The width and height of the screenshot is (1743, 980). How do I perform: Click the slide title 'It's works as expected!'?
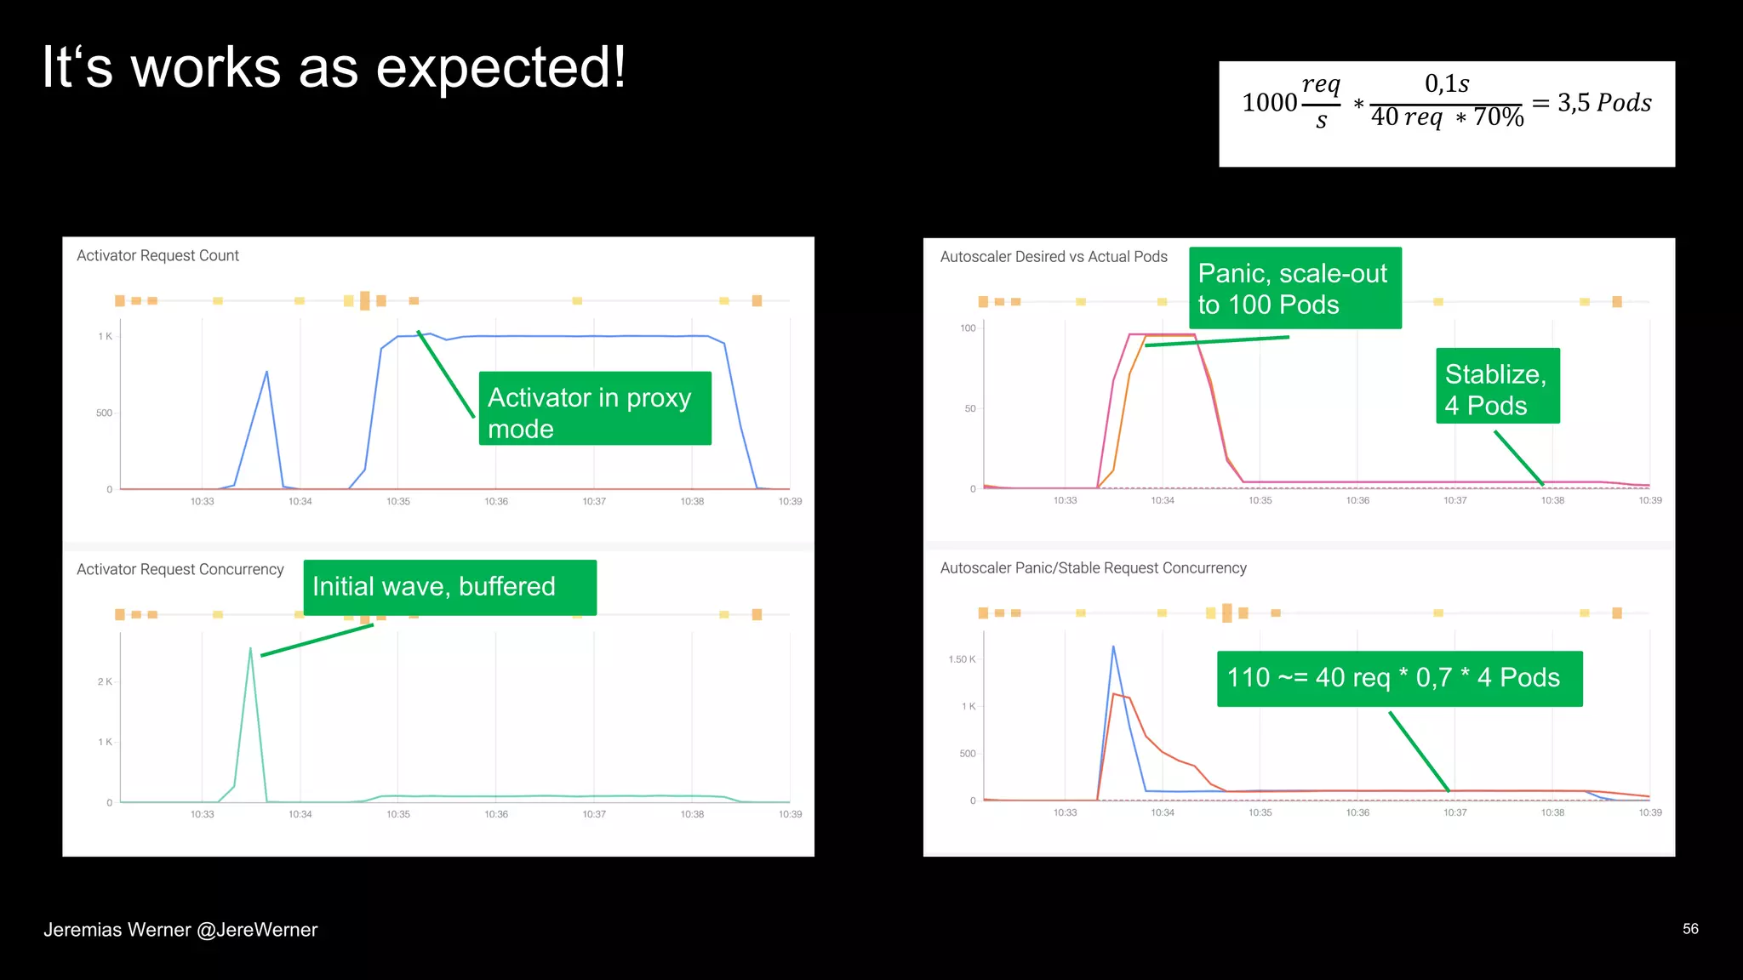pyautogui.click(x=334, y=68)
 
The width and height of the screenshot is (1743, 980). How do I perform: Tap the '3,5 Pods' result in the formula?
pyautogui.click(x=1603, y=103)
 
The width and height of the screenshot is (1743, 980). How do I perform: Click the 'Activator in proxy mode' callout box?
pyautogui.click(x=594, y=408)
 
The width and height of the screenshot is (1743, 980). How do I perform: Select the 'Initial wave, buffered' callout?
pyautogui.click(x=449, y=587)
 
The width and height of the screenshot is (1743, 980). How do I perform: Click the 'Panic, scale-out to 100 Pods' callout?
pyautogui.click(x=1294, y=288)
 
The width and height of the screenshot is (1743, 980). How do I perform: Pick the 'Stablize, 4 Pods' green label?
pyautogui.click(x=1497, y=386)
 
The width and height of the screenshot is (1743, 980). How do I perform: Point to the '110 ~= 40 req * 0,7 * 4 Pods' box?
pyautogui.click(x=1398, y=678)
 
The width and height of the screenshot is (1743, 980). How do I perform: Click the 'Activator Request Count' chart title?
pyautogui.click(x=157, y=256)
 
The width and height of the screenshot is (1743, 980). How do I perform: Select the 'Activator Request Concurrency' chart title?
pyautogui.click(x=180, y=569)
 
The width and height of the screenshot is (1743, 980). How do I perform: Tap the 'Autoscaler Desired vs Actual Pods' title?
pyautogui.click(x=1053, y=257)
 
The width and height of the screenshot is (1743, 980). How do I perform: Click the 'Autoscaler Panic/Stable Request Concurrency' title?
pyautogui.click(x=1093, y=568)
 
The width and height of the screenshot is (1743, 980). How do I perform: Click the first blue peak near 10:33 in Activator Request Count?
pyautogui.click(x=266, y=373)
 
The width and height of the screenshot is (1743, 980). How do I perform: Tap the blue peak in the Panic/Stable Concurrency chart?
pyautogui.click(x=1113, y=647)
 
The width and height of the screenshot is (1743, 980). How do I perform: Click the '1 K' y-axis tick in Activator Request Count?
pyautogui.click(x=105, y=337)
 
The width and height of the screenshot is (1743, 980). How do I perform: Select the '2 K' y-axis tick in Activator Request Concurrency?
pyautogui.click(x=105, y=681)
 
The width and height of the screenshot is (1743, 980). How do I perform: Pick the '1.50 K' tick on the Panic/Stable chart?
pyautogui.click(x=962, y=659)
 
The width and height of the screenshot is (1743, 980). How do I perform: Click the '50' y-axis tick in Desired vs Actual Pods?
pyautogui.click(x=969, y=409)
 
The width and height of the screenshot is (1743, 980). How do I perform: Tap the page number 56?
pyautogui.click(x=1689, y=929)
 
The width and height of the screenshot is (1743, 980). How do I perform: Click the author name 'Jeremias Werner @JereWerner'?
pyautogui.click(x=180, y=930)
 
